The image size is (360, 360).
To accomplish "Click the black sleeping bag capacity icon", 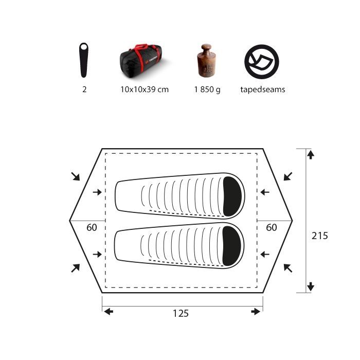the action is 83,60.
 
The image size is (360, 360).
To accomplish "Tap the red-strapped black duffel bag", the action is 141,61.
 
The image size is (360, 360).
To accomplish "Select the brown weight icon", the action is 206,60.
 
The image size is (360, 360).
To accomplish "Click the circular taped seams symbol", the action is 262,62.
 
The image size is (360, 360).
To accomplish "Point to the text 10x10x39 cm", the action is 145,89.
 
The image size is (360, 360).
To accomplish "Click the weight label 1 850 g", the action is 207,89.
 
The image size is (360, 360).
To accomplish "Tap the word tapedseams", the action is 263,89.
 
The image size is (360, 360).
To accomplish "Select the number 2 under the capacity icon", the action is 84,89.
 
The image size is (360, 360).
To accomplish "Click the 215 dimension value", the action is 319,236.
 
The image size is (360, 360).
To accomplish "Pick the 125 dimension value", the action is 181,313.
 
